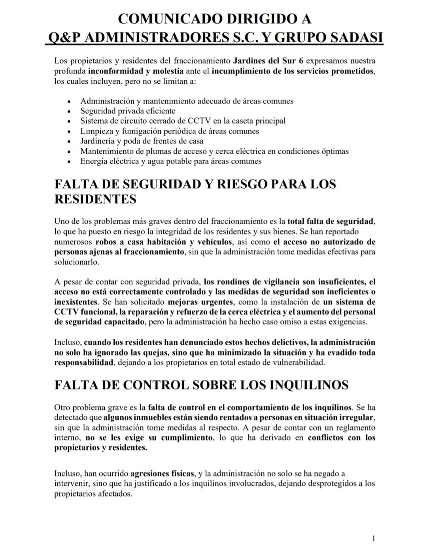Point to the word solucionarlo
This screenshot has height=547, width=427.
tap(77, 262)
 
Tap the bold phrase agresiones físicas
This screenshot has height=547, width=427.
tap(162, 473)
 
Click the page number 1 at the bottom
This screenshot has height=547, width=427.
tap(373, 538)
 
